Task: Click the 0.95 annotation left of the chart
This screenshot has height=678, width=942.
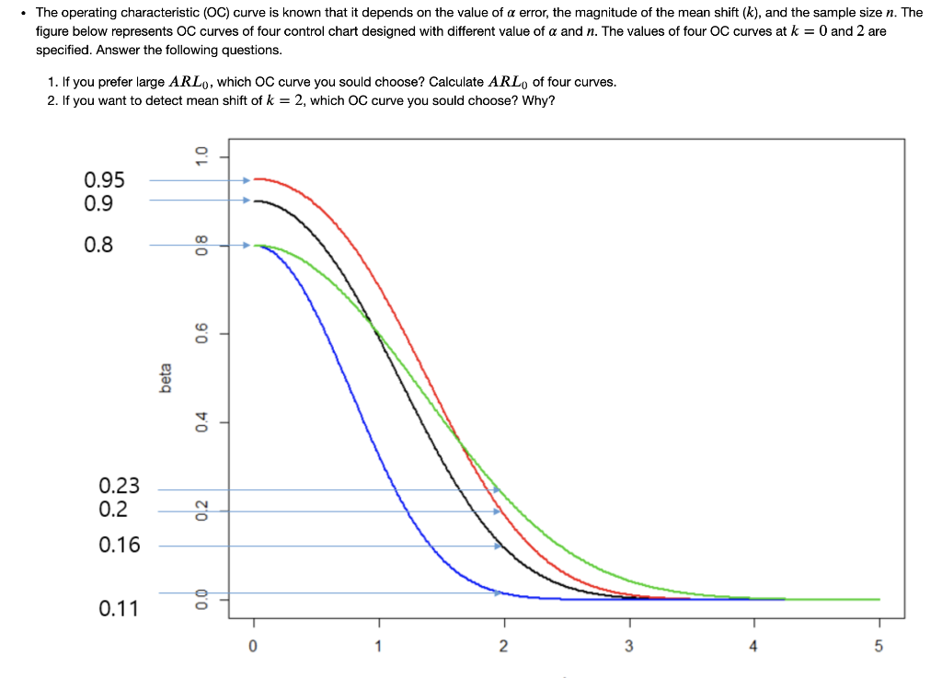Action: (104, 180)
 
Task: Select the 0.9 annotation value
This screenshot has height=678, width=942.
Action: (98, 202)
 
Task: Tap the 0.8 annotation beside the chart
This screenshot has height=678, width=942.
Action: (98, 245)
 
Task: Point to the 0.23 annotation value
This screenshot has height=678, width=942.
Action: (120, 486)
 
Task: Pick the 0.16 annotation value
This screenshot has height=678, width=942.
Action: (120, 545)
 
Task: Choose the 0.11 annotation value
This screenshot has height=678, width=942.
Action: (120, 608)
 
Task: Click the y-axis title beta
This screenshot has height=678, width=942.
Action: (167, 377)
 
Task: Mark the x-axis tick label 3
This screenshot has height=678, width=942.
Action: (628, 647)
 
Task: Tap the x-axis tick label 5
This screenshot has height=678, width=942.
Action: (878, 647)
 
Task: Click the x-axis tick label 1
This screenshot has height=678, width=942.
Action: (377, 647)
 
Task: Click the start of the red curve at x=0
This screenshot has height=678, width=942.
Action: (256, 178)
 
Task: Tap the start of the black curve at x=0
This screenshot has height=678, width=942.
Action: (256, 201)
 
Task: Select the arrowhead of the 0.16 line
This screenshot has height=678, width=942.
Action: (498, 546)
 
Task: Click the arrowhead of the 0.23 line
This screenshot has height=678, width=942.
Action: (497, 489)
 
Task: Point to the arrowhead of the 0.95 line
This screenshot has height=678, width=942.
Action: (246, 181)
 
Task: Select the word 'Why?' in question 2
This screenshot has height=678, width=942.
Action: (538, 99)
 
